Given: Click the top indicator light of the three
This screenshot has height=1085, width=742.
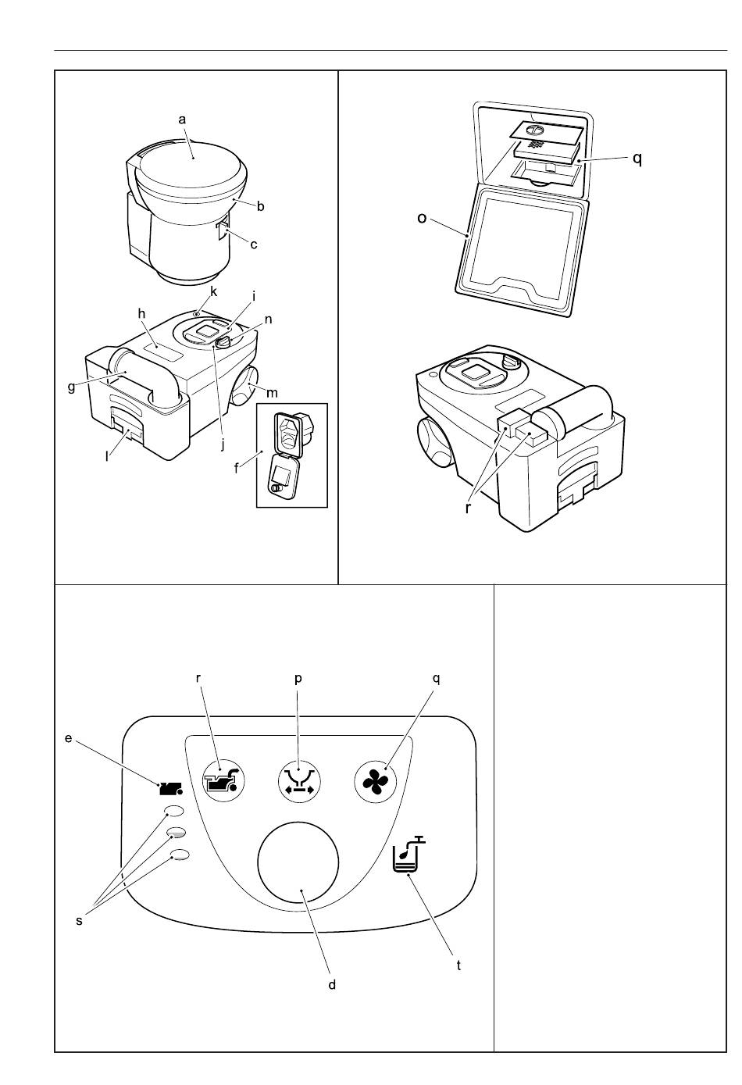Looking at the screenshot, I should point(175,812).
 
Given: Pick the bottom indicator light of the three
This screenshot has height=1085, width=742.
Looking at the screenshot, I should point(180,855).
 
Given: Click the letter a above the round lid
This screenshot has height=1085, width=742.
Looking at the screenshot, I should point(182,120).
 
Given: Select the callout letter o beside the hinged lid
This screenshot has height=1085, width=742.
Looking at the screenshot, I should point(423,218).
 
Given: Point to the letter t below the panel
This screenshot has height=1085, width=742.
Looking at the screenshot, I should point(458,965).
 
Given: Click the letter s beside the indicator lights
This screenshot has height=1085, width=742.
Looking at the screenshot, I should point(79,921).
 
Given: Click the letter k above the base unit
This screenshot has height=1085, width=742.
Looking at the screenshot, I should point(212,291).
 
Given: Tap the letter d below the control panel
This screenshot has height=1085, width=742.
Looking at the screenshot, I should point(332,985).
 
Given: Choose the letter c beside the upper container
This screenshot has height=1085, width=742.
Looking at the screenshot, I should point(254,244).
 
